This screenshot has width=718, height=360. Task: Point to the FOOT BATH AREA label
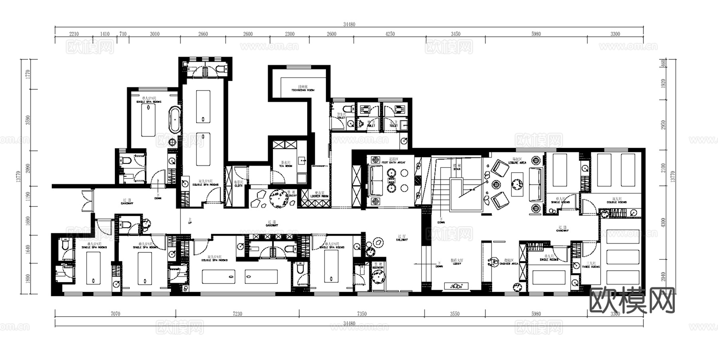[393, 162]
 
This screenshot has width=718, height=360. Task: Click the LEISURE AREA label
[517, 163]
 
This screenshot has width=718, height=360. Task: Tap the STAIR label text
[457, 169]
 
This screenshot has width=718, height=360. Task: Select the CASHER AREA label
[509, 264]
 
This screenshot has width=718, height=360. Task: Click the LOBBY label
[457, 264]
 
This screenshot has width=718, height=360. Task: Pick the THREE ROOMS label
[591, 267]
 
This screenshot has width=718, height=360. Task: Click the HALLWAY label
[402, 240]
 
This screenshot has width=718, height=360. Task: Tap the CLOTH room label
[238, 185]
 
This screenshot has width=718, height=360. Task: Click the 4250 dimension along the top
[390, 34]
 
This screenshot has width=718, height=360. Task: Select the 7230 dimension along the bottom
[237, 314]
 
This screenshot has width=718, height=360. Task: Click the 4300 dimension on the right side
[663, 222]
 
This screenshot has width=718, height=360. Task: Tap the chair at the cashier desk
[493, 262]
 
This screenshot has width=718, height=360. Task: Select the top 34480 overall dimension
[349, 24]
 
